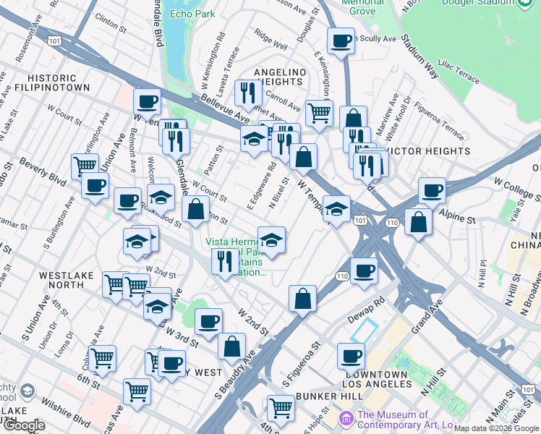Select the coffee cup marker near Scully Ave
tap(340, 41)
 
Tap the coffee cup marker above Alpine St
tap(432, 191)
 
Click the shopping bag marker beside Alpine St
tap(418, 221)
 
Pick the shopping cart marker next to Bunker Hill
tap(281, 408)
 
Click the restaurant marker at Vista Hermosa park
tap(225, 260)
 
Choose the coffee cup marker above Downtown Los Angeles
tap(352, 356)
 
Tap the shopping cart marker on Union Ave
tap(85, 166)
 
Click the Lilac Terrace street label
tap(456, 75)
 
